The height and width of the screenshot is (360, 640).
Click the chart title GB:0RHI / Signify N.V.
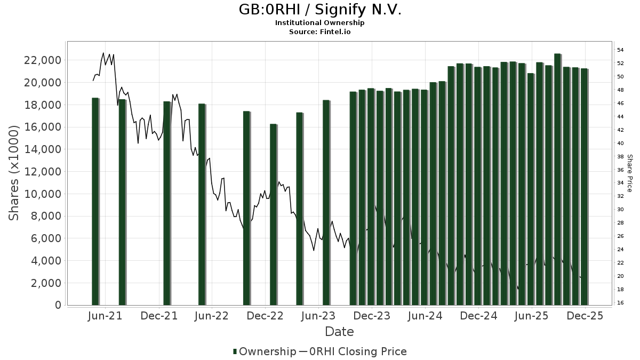pyautogui.click(x=319, y=10)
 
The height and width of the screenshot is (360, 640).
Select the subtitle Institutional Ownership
pyautogui.click(x=319, y=23)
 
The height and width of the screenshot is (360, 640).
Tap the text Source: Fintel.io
pyautogui.click(x=319, y=31)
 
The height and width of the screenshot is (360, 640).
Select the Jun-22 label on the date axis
pyautogui.click(x=212, y=316)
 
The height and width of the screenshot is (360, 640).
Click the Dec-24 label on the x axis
pyautogui.click(x=478, y=316)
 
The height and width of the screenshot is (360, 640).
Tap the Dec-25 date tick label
pyautogui.click(x=585, y=316)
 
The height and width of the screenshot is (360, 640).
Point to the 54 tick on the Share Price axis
pyautogui.click(x=620, y=50)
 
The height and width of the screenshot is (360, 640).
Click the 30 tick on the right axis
pyautogui.click(x=620, y=210)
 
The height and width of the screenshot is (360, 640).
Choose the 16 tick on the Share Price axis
pyautogui.click(x=620, y=303)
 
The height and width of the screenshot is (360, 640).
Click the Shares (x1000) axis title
pyautogui.click(x=14, y=173)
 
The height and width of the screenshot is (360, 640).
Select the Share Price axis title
pyautogui.click(x=629, y=173)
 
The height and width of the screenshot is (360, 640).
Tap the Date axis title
pyautogui.click(x=339, y=332)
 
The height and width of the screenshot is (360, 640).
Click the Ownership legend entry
pyautogui.click(x=264, y=351)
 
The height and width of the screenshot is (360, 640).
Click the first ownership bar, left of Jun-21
pyautogui.click(x=95, y=201)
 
